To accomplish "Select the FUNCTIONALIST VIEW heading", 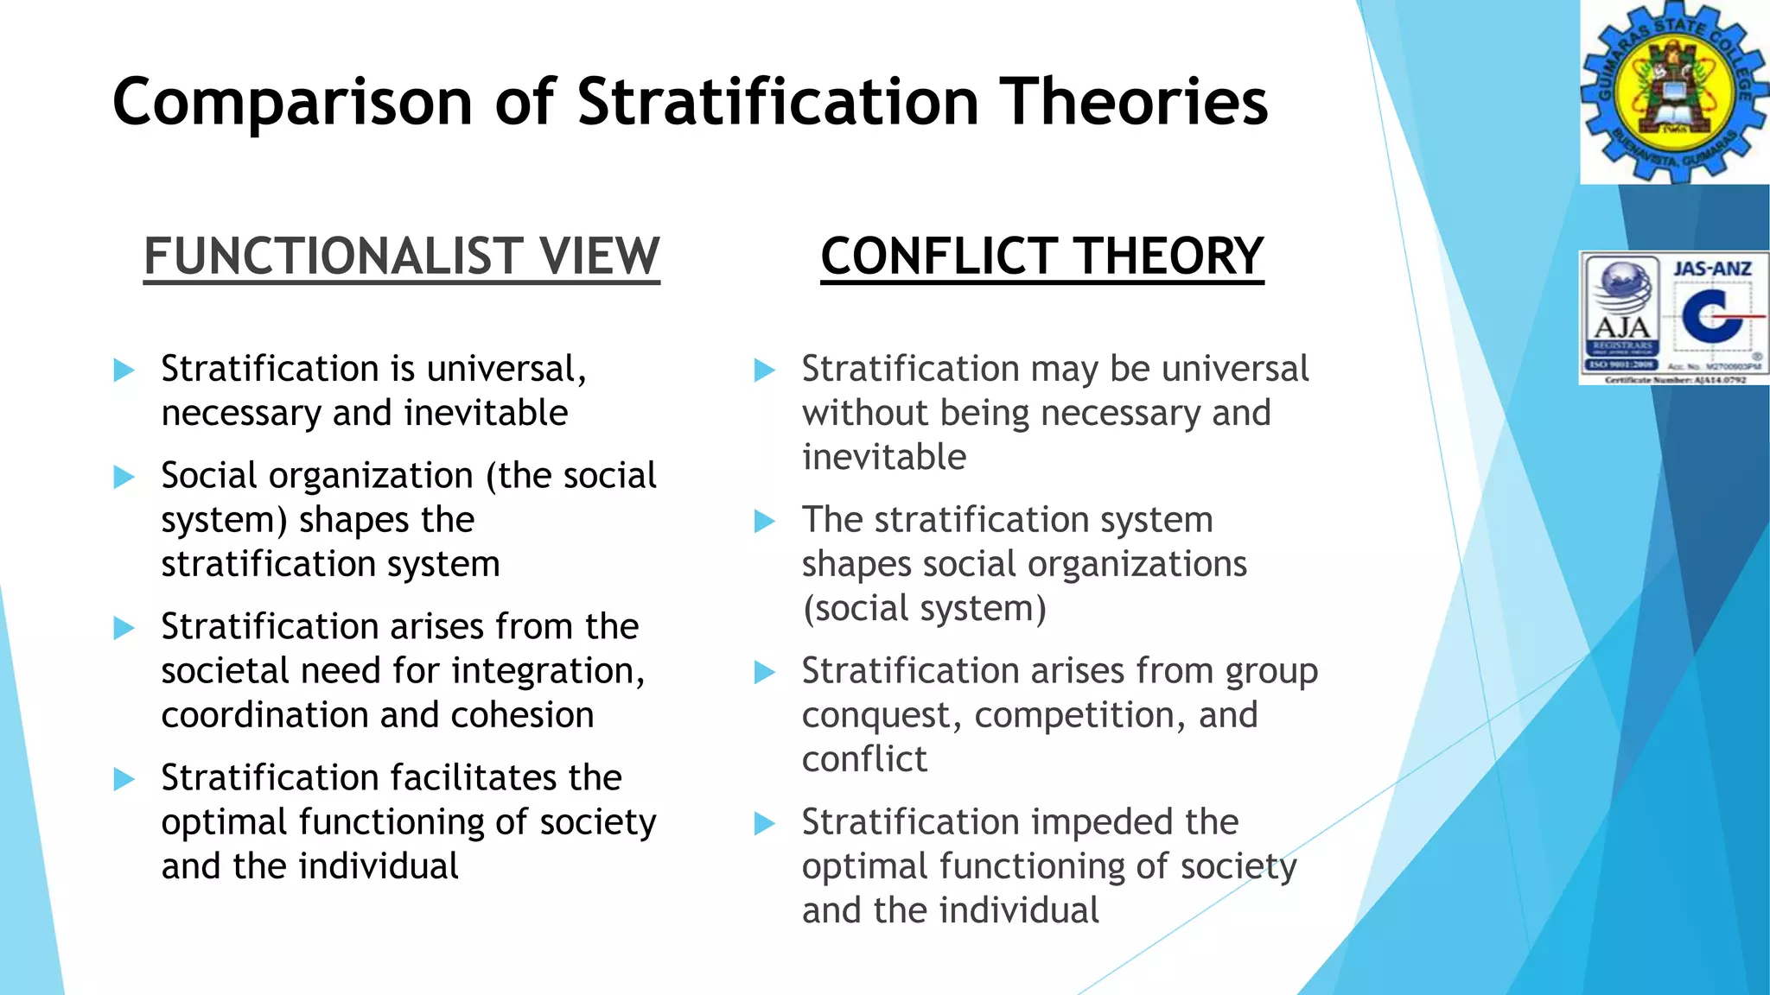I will coord(402,257).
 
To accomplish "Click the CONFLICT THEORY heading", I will coord(1041,257).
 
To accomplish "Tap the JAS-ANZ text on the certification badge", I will coord(1712,269).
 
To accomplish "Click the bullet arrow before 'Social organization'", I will coord(124,477).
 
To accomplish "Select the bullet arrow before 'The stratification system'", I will coord(765,521).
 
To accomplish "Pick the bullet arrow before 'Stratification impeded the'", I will coord(765,823).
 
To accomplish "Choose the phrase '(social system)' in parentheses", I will coord(924,609).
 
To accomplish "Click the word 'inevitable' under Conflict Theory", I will coord(883,457).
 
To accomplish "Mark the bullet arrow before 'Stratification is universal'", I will coord(124,371).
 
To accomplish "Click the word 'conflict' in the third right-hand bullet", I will coord(864,760).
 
